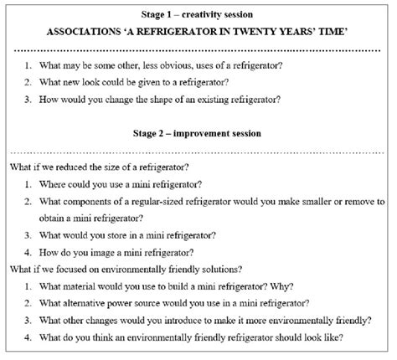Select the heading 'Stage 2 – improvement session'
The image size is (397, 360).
coord(198,133)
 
